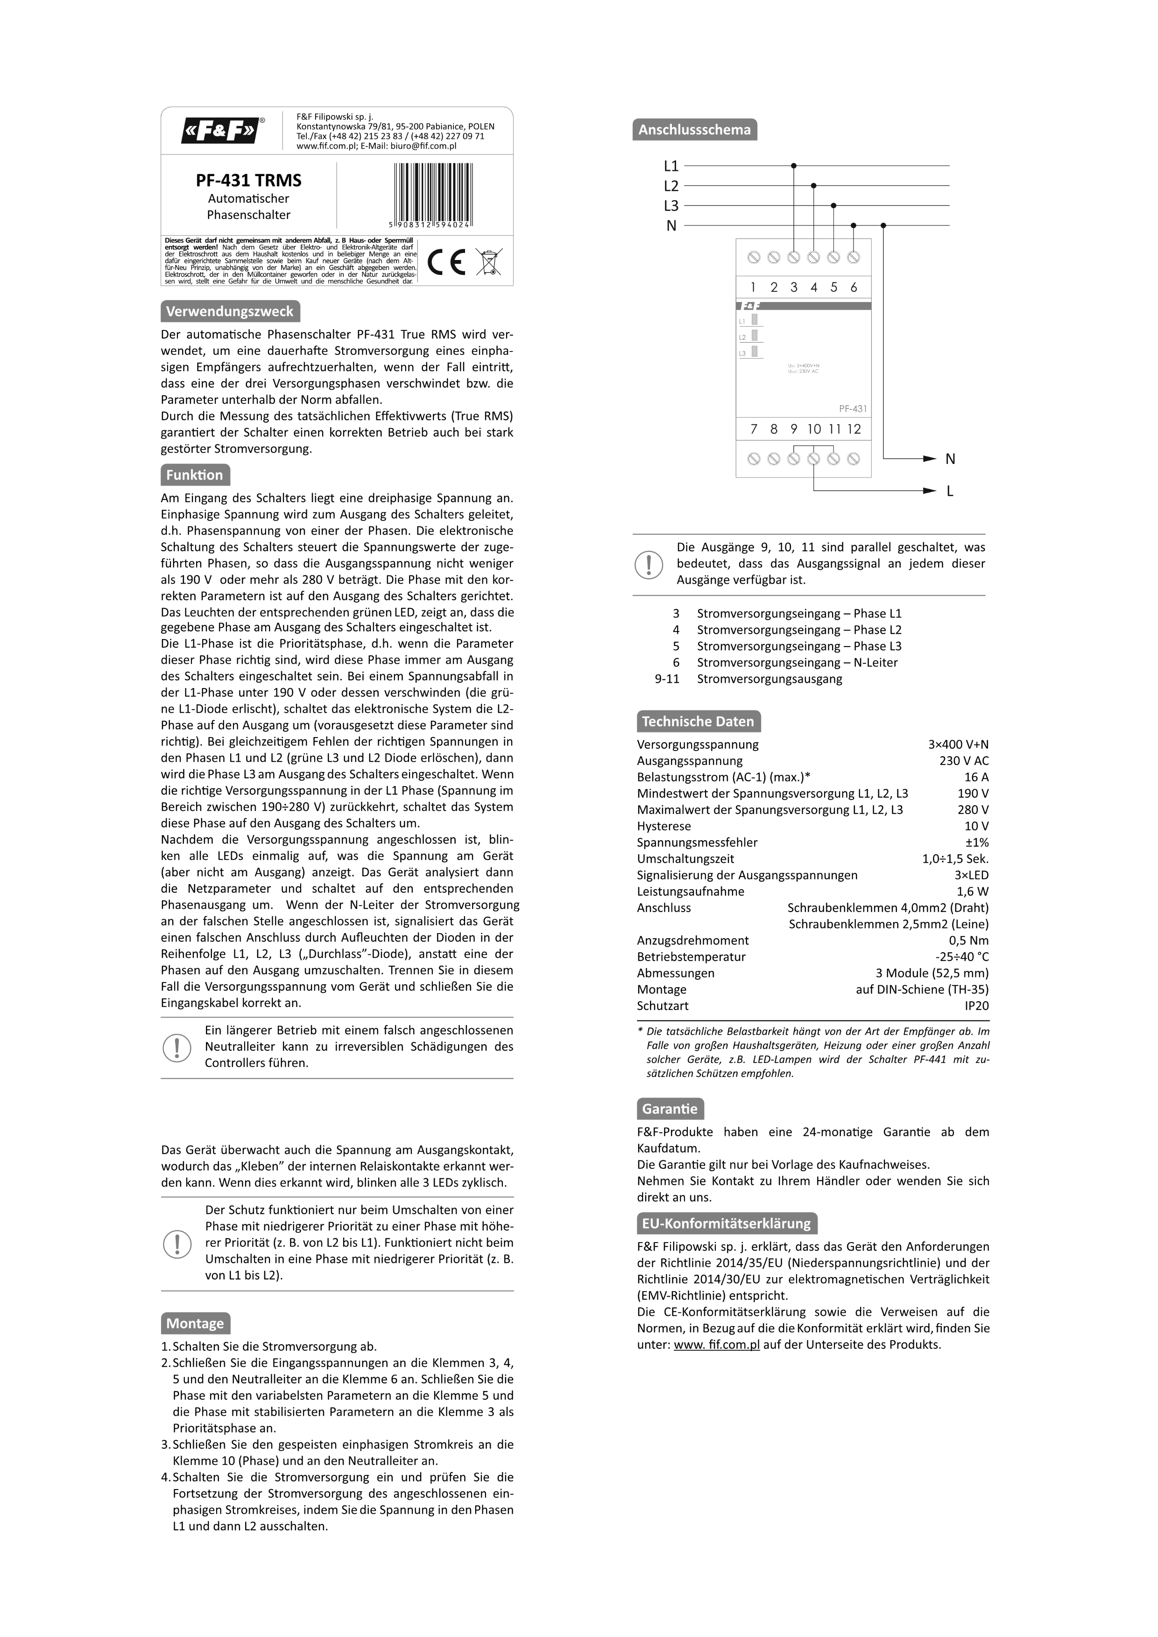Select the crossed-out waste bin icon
(x=488, y=262)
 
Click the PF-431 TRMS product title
(x=249, y=180)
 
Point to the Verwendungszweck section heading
(x=230, y=311)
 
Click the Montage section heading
(x=195, y=1323)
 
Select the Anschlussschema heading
(x=694, y=130)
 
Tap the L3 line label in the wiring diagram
(x=671, y=206)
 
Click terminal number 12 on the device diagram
(x=854, y=429)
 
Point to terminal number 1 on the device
(x=753, y=288)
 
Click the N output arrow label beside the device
(x=950, y=459)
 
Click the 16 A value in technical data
(x=976, y=777)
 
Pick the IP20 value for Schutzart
(x=976, y=1006)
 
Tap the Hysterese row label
(x=664, y=826)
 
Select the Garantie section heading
(x=670, y=1109)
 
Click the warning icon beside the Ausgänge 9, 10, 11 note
(x=649, y=564)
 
